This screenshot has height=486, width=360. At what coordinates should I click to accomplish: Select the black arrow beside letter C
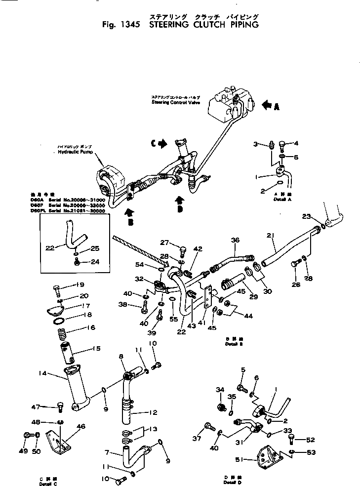pos(162,143)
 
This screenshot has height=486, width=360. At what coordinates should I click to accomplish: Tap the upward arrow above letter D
pos(179,200)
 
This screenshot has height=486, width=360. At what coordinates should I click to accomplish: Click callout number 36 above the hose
pos(235,240)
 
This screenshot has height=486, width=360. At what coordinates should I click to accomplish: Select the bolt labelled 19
pos(55,286)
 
